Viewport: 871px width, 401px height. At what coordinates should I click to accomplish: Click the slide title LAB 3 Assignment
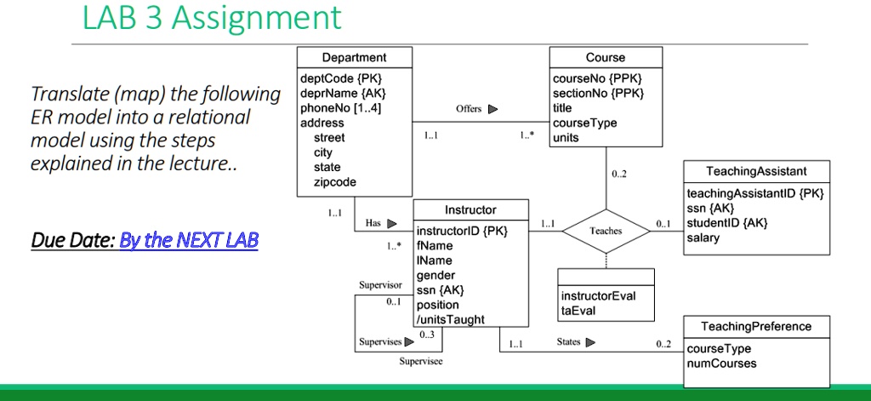212,18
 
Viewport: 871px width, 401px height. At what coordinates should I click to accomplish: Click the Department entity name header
354,58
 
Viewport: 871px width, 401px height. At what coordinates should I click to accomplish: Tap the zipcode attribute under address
335,181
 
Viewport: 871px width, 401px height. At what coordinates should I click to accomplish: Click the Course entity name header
606,58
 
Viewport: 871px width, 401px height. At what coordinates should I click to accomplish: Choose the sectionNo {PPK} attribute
598,94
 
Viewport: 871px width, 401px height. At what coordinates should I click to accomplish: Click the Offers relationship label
469,109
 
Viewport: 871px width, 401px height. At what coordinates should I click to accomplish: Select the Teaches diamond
606,231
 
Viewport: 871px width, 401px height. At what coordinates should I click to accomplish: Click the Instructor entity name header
470,209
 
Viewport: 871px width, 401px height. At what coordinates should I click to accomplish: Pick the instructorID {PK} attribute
462,231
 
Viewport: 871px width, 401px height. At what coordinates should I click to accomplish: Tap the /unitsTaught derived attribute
451,319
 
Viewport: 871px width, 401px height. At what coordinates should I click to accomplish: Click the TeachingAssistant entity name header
756,171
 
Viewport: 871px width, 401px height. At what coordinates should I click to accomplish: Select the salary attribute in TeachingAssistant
703,238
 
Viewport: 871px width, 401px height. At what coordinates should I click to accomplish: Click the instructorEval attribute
598,295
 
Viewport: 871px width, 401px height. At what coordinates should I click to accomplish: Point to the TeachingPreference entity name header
756,326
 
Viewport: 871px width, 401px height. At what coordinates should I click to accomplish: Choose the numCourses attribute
721,364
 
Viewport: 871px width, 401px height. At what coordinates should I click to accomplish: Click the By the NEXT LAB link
188,241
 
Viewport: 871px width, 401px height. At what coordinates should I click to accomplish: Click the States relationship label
569,342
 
